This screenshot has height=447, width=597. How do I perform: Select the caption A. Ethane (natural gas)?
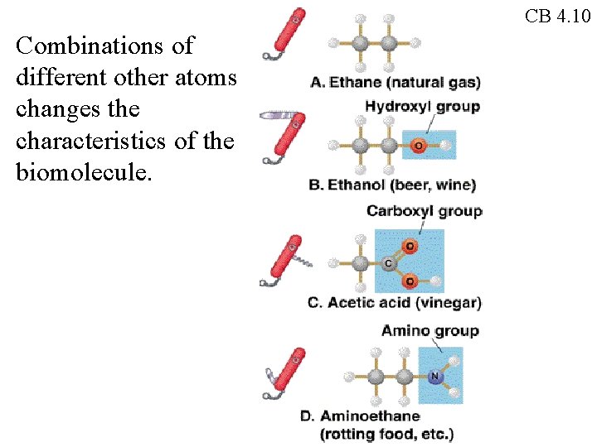(396, 82)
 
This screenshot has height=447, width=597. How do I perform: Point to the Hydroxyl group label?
(422, 106)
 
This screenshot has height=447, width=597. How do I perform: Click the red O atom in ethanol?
(417, 146)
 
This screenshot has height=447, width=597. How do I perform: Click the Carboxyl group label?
(424, 211)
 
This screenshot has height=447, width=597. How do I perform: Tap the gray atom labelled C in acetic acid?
(390, 263)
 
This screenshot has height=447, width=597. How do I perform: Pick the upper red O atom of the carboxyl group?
(410, 246)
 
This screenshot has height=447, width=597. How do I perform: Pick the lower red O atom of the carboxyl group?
(410, 281)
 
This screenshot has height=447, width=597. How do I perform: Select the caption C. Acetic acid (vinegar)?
(394, 303)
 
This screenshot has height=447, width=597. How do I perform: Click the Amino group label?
(430, 331)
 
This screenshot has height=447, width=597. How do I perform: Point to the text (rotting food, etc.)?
(386, 433)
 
